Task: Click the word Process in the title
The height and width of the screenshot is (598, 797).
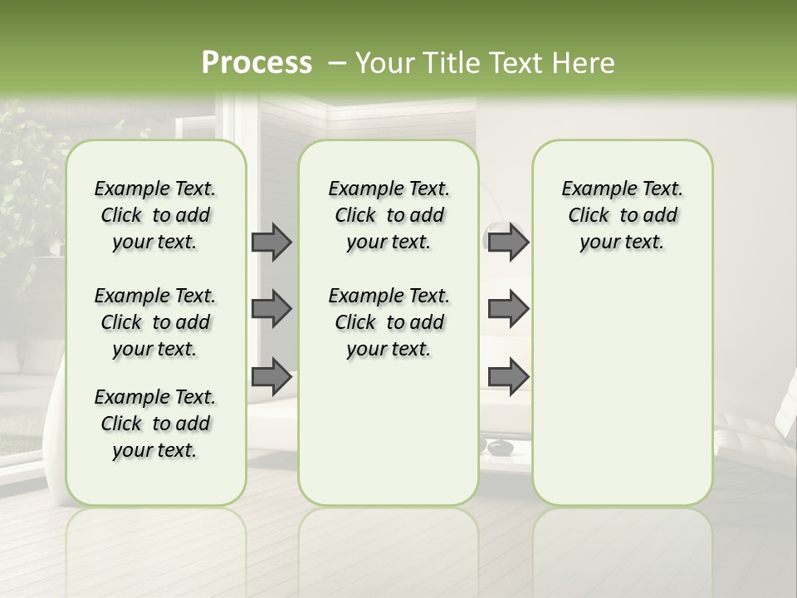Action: click(257, 63)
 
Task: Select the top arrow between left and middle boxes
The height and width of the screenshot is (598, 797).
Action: click(271, 242)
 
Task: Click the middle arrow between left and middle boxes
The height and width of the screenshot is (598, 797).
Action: click(271, 309)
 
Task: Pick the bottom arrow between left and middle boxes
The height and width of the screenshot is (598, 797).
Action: click(271, 376)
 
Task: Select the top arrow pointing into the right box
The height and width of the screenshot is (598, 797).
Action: click(508, 242)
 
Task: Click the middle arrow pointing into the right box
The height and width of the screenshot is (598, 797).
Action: click(508, 309)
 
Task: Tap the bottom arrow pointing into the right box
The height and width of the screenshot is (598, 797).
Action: click(508, 376)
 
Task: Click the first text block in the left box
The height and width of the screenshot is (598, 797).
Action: click(155, 215)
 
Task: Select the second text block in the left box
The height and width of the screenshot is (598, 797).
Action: click(155, 322)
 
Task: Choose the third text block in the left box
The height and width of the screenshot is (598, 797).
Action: click(155, 424)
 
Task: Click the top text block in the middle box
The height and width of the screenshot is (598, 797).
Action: click(389, 215)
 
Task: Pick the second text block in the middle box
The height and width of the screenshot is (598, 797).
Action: click(389, 322)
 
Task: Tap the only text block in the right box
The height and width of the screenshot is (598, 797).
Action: click(622, 215)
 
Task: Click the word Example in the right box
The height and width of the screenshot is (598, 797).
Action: click(592, 189)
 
